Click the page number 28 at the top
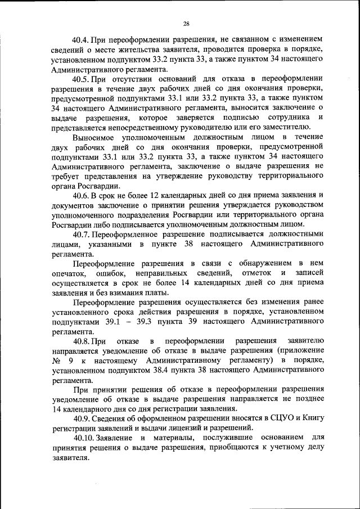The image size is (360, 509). click(186, 23)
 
